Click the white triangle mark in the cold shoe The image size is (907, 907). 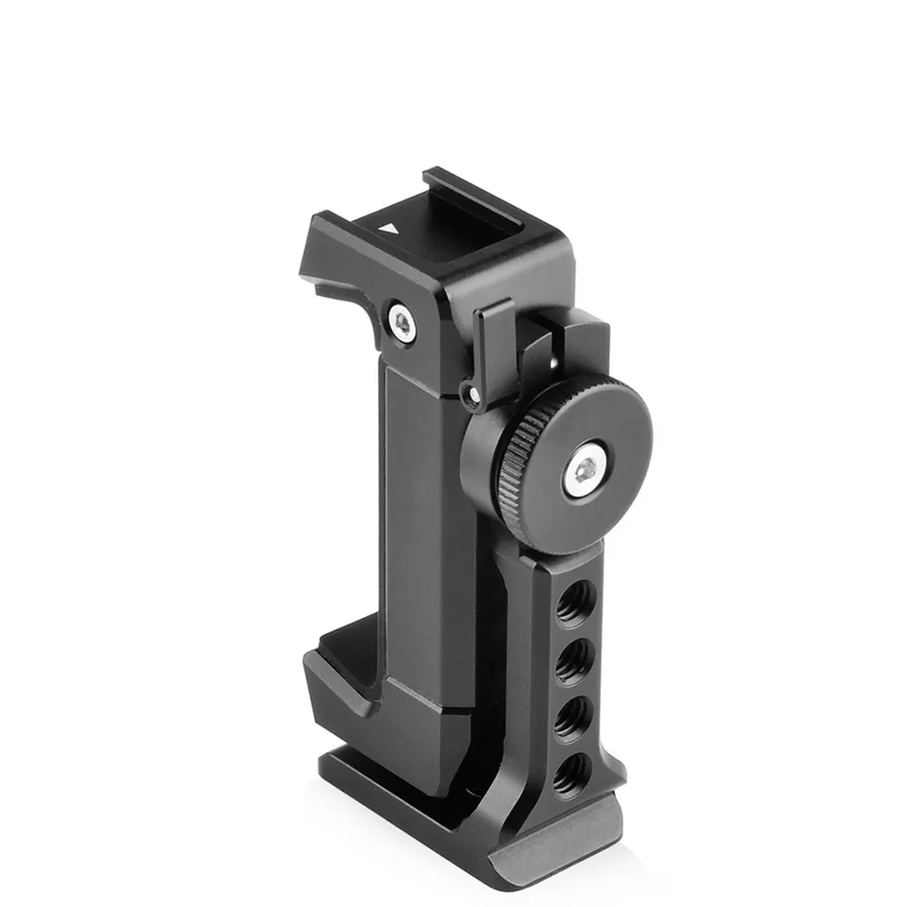388,228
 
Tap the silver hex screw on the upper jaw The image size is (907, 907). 403,324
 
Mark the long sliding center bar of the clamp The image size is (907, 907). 425,529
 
